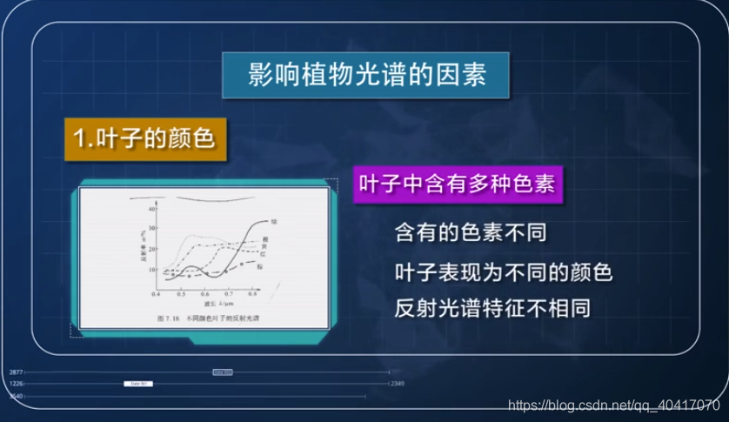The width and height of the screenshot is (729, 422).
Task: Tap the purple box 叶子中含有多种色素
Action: pyautogui.click(x=458, y=185)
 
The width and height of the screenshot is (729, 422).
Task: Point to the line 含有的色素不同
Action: pyautogui.click(x=474, y=232)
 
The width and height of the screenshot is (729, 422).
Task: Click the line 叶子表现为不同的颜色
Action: pyautogui.click(x=504, y=272)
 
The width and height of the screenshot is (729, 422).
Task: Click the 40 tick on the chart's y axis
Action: pyautogui.click(x=152, y=210)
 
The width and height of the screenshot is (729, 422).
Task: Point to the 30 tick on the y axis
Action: pyautogui.click(x=152, y=229)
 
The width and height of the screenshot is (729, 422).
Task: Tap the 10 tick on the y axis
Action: pyautogui.click(x=152, y=269)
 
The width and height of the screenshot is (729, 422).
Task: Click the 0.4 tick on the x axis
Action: pyautogui.click(x=157, y=295)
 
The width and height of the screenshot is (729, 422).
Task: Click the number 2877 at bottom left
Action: pyautogui.click(x=16, y=372)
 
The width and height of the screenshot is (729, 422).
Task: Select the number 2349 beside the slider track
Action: pyautogui.click(x=397, y=383)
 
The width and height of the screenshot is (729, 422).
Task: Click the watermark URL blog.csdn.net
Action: pyautogui.click(x=613, y=405)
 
